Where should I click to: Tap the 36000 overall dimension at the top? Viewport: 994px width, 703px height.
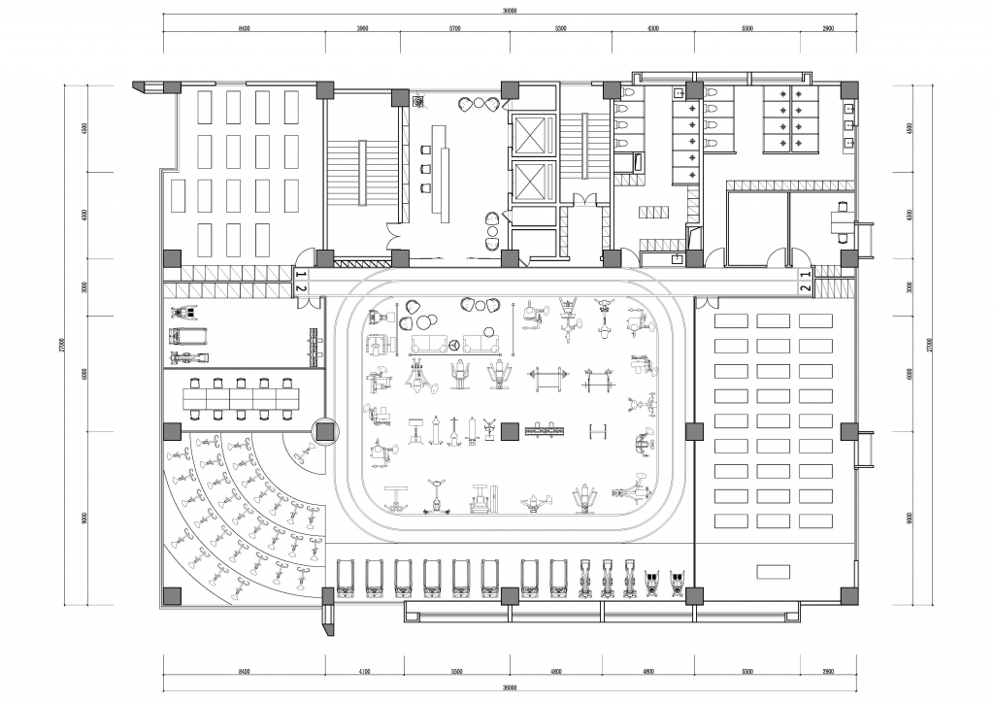pyautogui.click(x=510, y=11)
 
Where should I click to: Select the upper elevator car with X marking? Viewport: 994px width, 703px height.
pyautogui.click(x=529, y=134)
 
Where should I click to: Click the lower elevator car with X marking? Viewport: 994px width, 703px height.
pyautogui.click(x=529, y=182)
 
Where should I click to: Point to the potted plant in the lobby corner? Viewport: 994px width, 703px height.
pyautogui.click(x=418, y=100)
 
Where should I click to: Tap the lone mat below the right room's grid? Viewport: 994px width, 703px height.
pyautogui.click(x=774, y=571)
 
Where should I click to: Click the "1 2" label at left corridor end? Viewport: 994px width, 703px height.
pyautogui.click(x=301, y=283)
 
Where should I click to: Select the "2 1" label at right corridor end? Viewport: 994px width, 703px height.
pyautogui.click(x=805, y=283)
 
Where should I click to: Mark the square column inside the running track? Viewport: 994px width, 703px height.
pyautogui.click(x=509, y=429)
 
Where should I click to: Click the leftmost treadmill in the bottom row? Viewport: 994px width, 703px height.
pyautogui.click(x=346, y=581)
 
